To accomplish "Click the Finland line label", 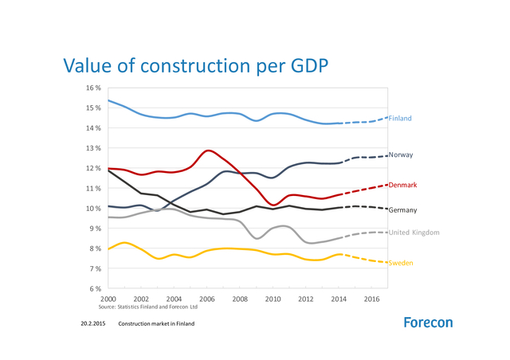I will (x=400, y=118).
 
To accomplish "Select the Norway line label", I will (x=401, y=155).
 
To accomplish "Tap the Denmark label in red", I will (x=402, y=185).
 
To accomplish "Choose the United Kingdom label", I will (x=414, y=233).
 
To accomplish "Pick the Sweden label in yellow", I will (x=400, y=262).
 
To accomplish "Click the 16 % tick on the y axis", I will (x=95, y=88).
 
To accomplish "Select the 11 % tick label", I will (x=95, y=189).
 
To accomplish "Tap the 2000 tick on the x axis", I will (x=108, y=299).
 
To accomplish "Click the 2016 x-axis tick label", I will (x=372, y=299).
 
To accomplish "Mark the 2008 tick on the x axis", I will (x=240, y=299).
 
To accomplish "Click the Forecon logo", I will (x=428, y=323).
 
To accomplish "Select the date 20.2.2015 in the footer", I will (x=93, y=324).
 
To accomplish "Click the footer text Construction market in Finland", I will (x=156, y=324).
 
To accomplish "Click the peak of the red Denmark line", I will (x=209, y=150).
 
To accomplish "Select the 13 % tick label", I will (x=95, y=148).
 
